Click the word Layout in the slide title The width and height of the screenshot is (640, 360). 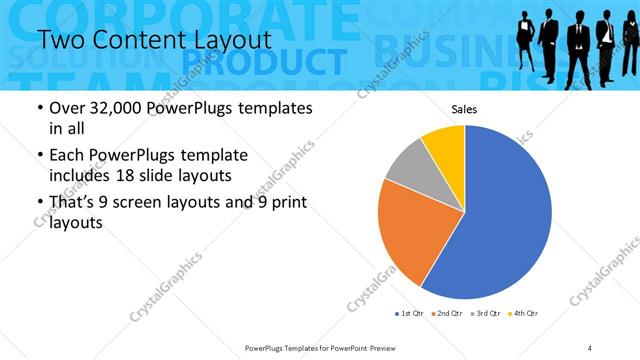click(224, 39)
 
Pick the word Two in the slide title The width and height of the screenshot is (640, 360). click(61, 39)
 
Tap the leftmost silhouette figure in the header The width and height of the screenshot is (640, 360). click(527, 45)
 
